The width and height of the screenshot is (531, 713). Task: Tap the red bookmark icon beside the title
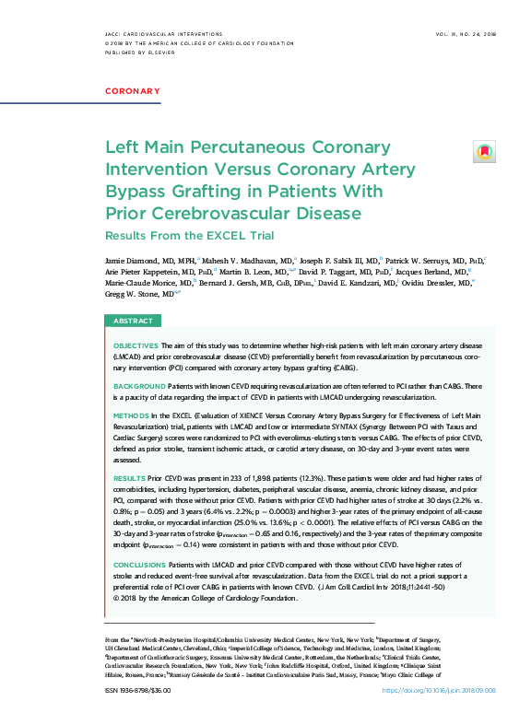point(484,151)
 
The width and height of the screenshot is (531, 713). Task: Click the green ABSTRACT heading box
point(134,321)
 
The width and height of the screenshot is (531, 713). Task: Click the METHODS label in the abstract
point(132,416)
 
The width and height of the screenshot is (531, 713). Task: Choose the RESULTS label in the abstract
point(128,479)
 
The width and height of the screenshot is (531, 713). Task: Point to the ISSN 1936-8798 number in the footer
point(138,688)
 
